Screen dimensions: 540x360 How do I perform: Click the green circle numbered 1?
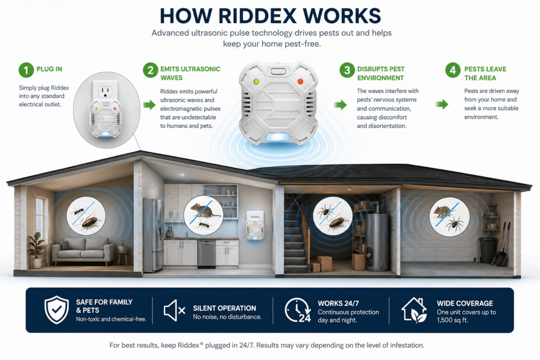coord(26,70)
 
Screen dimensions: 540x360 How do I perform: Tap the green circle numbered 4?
coord(452,70)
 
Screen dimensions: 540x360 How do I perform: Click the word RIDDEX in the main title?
coord(257,15)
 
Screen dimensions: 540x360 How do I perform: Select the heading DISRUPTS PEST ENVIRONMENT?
coord(381,73)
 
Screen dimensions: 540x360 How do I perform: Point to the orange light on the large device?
coord(300,82)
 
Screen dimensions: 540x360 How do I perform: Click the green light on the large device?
coord(256,82)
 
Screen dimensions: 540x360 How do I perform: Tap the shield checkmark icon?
coord(57,310)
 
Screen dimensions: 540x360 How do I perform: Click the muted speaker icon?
coord(174,310)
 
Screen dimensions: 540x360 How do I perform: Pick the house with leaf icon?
coord(414,310)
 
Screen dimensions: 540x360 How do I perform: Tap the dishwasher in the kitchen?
coord(206,254)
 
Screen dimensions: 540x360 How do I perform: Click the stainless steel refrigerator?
coord(153,235)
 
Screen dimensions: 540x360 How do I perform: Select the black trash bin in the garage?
coord(487,250)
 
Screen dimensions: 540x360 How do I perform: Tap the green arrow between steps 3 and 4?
coord(442,104)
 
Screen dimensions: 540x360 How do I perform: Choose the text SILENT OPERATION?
coord(225,308)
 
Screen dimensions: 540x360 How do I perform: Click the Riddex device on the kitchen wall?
coord(255,226)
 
